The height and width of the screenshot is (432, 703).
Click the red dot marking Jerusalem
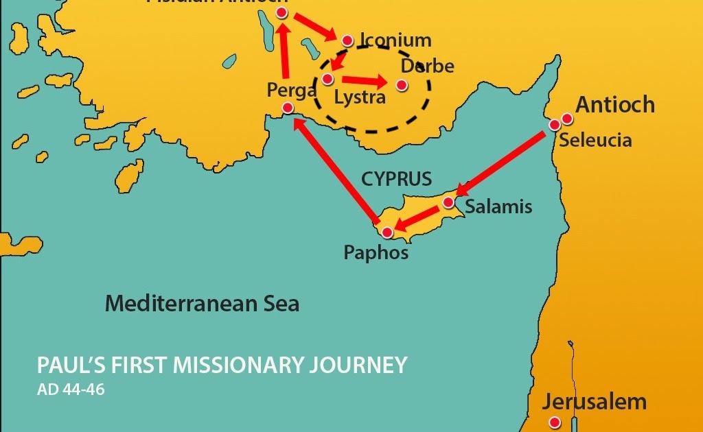tap(555, 423)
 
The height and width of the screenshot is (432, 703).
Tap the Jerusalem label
tap(595, 402)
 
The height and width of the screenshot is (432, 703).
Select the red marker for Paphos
tap(387, 233)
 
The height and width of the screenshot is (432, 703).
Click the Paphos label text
tap(376, 253)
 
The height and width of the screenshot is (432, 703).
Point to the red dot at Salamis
tap(448, 202)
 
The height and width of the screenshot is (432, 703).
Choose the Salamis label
tap(498, 206)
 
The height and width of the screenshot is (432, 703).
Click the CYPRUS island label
tap(397, 180)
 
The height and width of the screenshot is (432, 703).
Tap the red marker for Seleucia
tap(555, 125)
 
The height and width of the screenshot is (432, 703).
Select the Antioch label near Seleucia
tap(614, 105)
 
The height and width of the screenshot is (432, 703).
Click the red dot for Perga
tap(288, 108)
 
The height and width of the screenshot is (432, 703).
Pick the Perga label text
tap(292, 89)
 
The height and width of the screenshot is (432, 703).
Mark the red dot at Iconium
tap(347, 40)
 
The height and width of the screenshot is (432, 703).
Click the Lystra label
tap(359, 97)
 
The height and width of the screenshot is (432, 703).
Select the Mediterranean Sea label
tap(202, 303)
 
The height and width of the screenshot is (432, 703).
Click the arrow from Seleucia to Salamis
tap(505, 162)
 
